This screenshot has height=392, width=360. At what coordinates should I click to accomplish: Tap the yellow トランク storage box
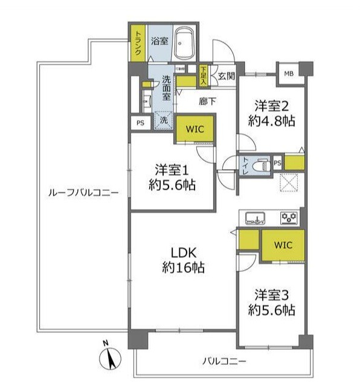138,43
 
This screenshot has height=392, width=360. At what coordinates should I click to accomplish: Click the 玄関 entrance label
226,76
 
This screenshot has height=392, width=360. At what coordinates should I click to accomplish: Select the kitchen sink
254,218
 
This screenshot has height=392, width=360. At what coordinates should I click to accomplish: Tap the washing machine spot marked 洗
162,121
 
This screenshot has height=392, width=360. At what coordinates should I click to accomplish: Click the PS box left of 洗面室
140,123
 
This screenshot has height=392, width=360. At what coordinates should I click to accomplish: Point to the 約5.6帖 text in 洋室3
271,310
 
